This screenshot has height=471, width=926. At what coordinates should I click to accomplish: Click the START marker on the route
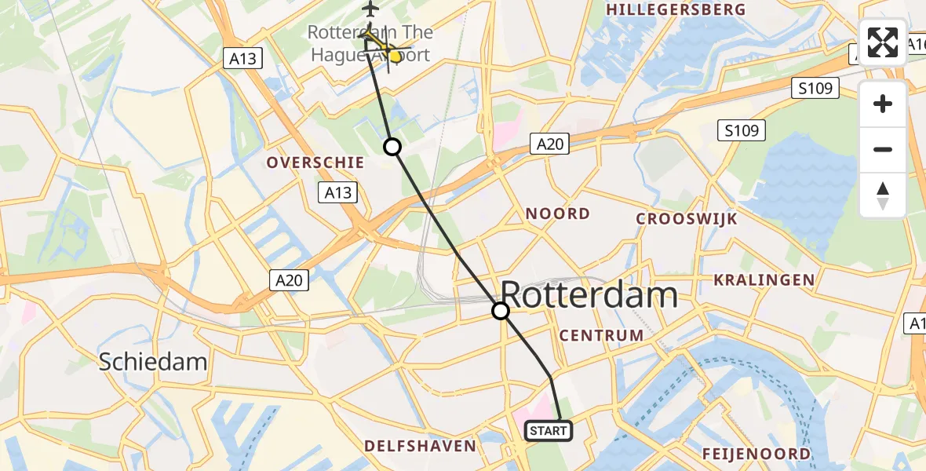(549, 430)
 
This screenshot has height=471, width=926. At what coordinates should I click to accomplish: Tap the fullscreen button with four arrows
(883, 42)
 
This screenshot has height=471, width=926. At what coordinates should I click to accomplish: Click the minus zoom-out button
(883, 149)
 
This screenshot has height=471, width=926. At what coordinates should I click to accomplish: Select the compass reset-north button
(883, 195)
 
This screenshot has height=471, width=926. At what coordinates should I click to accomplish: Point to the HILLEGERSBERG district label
(676, 9)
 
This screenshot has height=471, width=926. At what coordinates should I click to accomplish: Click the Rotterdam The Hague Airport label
(369, 44)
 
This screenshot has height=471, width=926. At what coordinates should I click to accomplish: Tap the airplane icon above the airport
(370, 9)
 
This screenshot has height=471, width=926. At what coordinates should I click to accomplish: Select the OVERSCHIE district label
(315, 162)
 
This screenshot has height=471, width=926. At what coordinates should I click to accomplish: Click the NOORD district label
(557, 214)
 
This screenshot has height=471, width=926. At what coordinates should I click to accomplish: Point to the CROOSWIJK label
(687, 219)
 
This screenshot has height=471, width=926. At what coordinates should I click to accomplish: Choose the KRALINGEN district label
(764, 280)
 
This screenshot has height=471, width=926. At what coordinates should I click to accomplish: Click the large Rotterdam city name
(589, 296)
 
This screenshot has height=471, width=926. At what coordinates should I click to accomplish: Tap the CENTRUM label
(601, 336)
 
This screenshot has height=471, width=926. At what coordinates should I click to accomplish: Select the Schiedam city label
(153, 361)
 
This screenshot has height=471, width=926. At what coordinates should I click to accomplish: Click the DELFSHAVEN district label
(420, 446)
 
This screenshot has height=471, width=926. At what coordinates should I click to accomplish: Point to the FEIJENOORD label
(756, 454)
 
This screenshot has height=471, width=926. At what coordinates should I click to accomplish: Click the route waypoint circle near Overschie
(392, 147)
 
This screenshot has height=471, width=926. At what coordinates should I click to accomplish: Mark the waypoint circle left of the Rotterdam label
(501, 311)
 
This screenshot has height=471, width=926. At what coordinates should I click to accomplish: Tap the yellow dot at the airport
(396, 57)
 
